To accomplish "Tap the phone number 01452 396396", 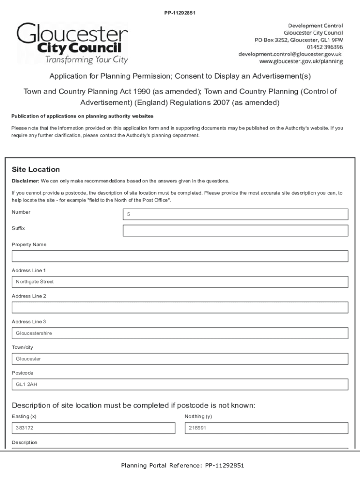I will (324, 47).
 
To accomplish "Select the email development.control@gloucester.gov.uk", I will (290, 54).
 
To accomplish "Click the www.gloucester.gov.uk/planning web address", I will (301, 61).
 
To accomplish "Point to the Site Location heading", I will (36, 169).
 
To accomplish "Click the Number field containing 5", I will (235, 214).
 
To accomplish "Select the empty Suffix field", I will (235, 231).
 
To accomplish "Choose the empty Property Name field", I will (180, 256).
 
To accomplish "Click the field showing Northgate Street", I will (180, 282).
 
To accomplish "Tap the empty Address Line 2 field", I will (180, 307).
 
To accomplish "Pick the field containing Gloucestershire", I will (180, 334).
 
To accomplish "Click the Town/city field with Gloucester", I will (180, 359).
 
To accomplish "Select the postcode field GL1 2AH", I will (180, 385).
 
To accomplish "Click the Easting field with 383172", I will (93, 428).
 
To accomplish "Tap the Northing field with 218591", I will (266, 428).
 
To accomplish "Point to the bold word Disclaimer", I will (25, 181).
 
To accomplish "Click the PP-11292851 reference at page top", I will (180, 13).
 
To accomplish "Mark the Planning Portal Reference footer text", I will (182, 465).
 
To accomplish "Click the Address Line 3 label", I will (29, 322).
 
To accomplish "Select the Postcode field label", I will (22, 373).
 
